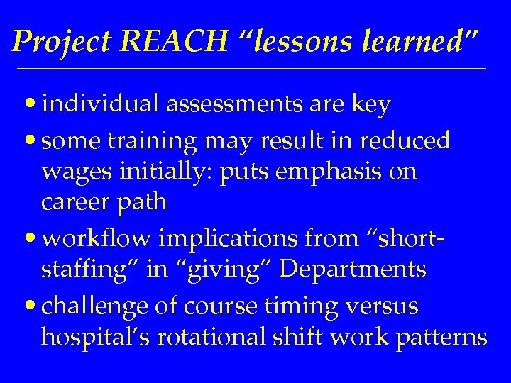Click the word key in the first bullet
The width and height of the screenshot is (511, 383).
pyautogui.click(x=373, y=105)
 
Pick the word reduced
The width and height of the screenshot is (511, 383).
pyautogui.click(x=405, y=140)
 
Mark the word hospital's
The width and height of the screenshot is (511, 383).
pyautogui.click(x=94, y=336)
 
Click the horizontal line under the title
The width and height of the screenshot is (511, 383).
pyautogui.click(x=255, y=68)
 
